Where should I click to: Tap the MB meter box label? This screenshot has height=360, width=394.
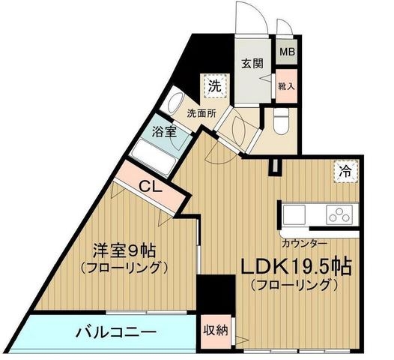tap(287, 52)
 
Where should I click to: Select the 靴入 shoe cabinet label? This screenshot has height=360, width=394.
tap(286, 86)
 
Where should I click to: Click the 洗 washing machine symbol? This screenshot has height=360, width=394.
tap(215, 85)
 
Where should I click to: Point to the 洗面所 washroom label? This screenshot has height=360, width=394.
tap(201, 114)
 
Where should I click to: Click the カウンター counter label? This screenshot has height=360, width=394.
tap(303, 243)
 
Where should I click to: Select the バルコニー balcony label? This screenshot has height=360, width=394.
tap(115, 331)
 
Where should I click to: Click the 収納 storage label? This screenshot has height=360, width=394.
tap(216, 329)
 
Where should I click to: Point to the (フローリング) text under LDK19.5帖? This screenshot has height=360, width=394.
tap(292, 286)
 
